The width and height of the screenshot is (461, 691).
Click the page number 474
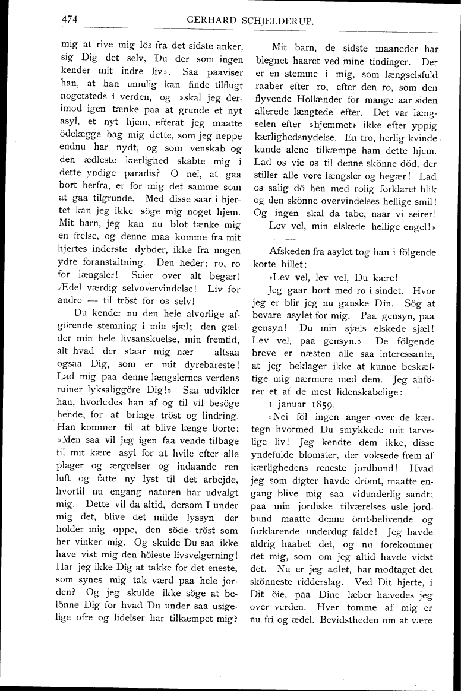coord(71,19)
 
